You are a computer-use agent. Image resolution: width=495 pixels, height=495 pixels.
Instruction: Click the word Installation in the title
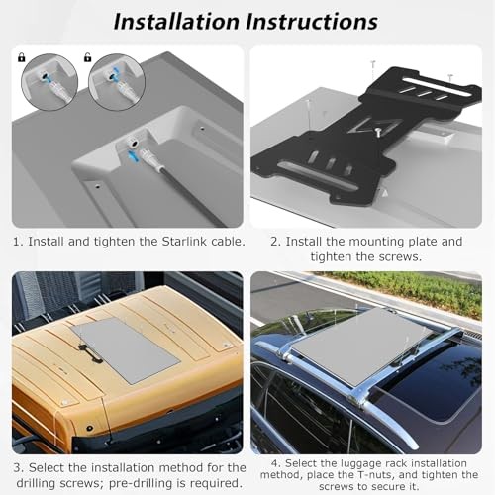pyautogui.click(x=176, y=22)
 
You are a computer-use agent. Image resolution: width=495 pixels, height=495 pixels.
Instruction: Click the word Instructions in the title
pyautogui.click(x=312, y=22)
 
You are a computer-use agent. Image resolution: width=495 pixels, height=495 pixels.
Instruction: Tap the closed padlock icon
pyautogui.click(x=22, y=58)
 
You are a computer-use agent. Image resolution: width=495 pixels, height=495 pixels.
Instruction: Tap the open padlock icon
pyautogui.click(x=87, y=57)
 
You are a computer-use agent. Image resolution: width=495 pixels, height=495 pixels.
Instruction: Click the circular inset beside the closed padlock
pyautogui.click(x=49, y=82)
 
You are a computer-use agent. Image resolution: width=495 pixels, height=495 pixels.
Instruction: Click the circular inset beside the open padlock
pyautogui.click(x=117, y=82)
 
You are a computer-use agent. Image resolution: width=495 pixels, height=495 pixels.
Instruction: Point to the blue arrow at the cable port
pyautogui.click(x=132, y=155)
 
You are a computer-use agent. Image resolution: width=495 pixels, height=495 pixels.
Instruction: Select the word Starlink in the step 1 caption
pyautogui.click(x=184, y=242)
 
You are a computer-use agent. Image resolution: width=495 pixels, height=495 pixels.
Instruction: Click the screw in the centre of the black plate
pyautogui.click(x=378, y=132)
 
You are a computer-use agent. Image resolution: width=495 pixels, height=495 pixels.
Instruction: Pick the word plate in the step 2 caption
pyautogui.click(x=423, y=242)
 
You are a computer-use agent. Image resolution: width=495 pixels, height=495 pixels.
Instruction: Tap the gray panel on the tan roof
pyautogui.click(x=126, y=350)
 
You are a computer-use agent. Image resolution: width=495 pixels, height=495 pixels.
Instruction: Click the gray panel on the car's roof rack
pyautogui.click(x=361, y=346)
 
